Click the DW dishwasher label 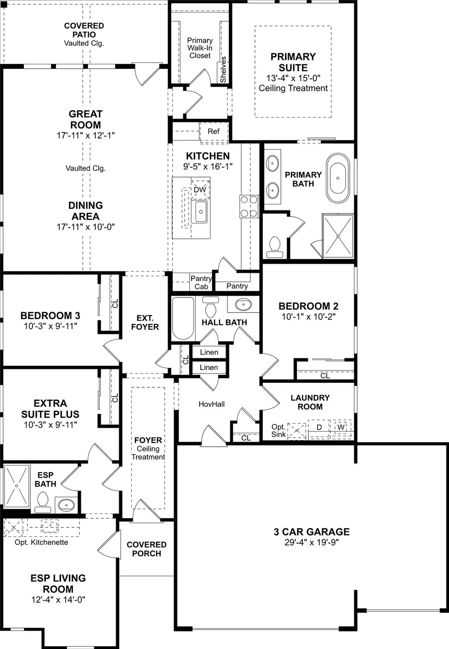pos(200,190)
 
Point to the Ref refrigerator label pos(214,132)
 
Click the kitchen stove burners pos(248,206)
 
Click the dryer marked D pos(318,428)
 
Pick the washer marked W pos(341,428)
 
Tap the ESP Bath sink pos(65,505)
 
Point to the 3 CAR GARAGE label pos(311,532)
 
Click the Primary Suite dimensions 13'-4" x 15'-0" pos(293,78)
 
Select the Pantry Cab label pos(202,283)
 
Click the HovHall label pos(212,404)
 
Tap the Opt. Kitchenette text pos(41,542)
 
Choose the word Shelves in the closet pos(224,69)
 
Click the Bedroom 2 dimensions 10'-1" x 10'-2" pos(304,316)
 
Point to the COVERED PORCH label pos(146,549)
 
